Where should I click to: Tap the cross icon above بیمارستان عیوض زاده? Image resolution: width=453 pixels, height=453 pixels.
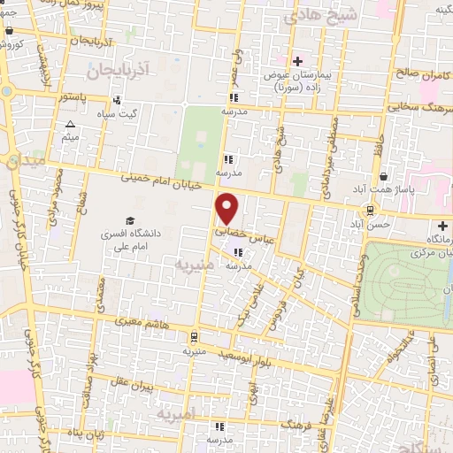click(x=298, y=61)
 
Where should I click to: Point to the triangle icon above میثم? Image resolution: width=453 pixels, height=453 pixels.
click(x=71, y=124)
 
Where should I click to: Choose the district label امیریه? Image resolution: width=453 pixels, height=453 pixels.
click(x=173, y=413)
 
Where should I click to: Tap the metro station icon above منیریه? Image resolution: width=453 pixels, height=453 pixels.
click(x=193, y=336)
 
